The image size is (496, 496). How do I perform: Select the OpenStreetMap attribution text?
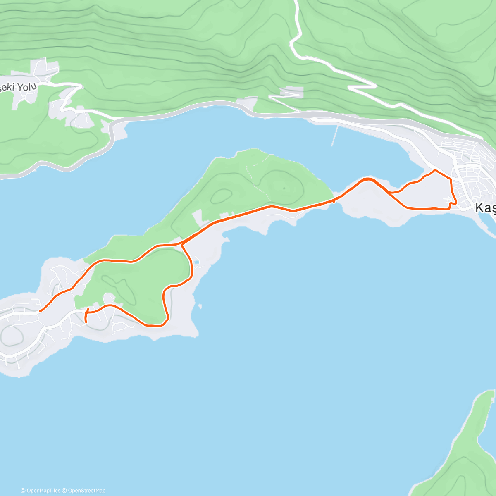[87, 491]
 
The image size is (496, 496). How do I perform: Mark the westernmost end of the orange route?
[40, 311]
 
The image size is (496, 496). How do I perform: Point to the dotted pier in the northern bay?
[335, 136]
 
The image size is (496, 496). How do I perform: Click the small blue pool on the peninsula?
[197, 262]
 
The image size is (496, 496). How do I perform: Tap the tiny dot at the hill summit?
[284, 188]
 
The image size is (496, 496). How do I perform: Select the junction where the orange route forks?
[182, 244]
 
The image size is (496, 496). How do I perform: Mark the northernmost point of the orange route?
[434, 170]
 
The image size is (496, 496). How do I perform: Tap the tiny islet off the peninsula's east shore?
[200, 306]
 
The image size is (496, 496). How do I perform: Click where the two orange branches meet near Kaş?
[389, 192]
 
